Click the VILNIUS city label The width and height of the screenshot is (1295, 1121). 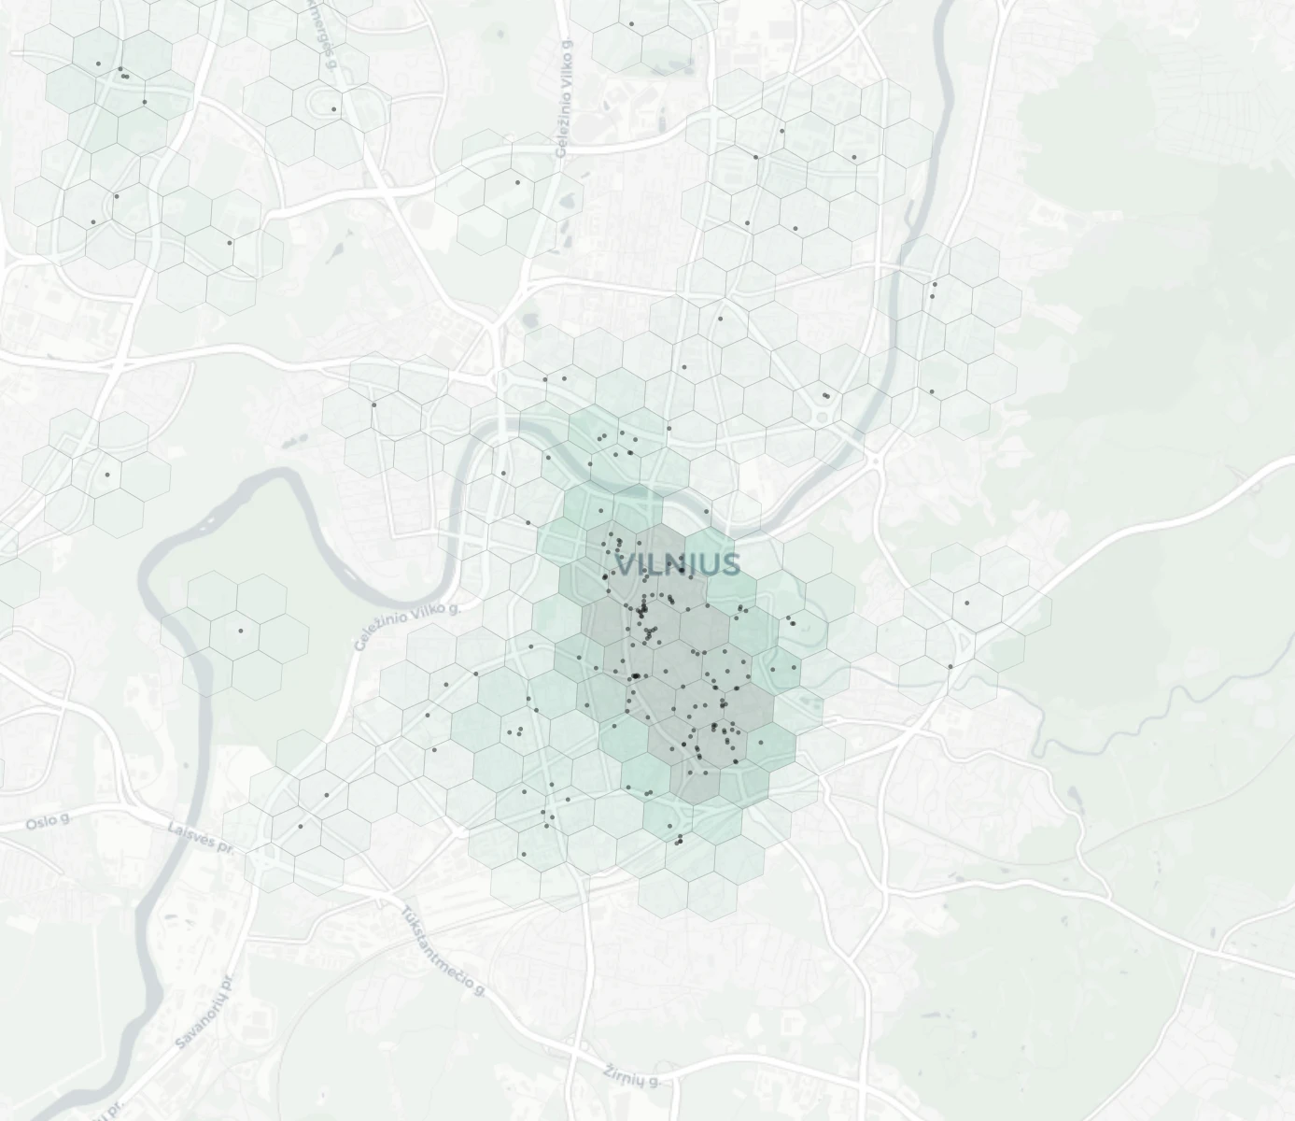tap(679, 565)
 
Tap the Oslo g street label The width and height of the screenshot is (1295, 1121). tap(48, 822)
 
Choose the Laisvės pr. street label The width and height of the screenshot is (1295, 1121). tap(200, 836)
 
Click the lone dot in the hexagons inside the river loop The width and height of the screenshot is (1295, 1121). tap(241, 631)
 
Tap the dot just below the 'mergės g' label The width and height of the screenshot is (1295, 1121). tap(333, 109)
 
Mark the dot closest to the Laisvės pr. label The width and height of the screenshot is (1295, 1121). tap(300, 826)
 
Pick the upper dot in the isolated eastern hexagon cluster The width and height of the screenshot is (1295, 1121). tap(966, 603)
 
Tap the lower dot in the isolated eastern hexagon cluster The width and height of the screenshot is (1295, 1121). tap(950, 666)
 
